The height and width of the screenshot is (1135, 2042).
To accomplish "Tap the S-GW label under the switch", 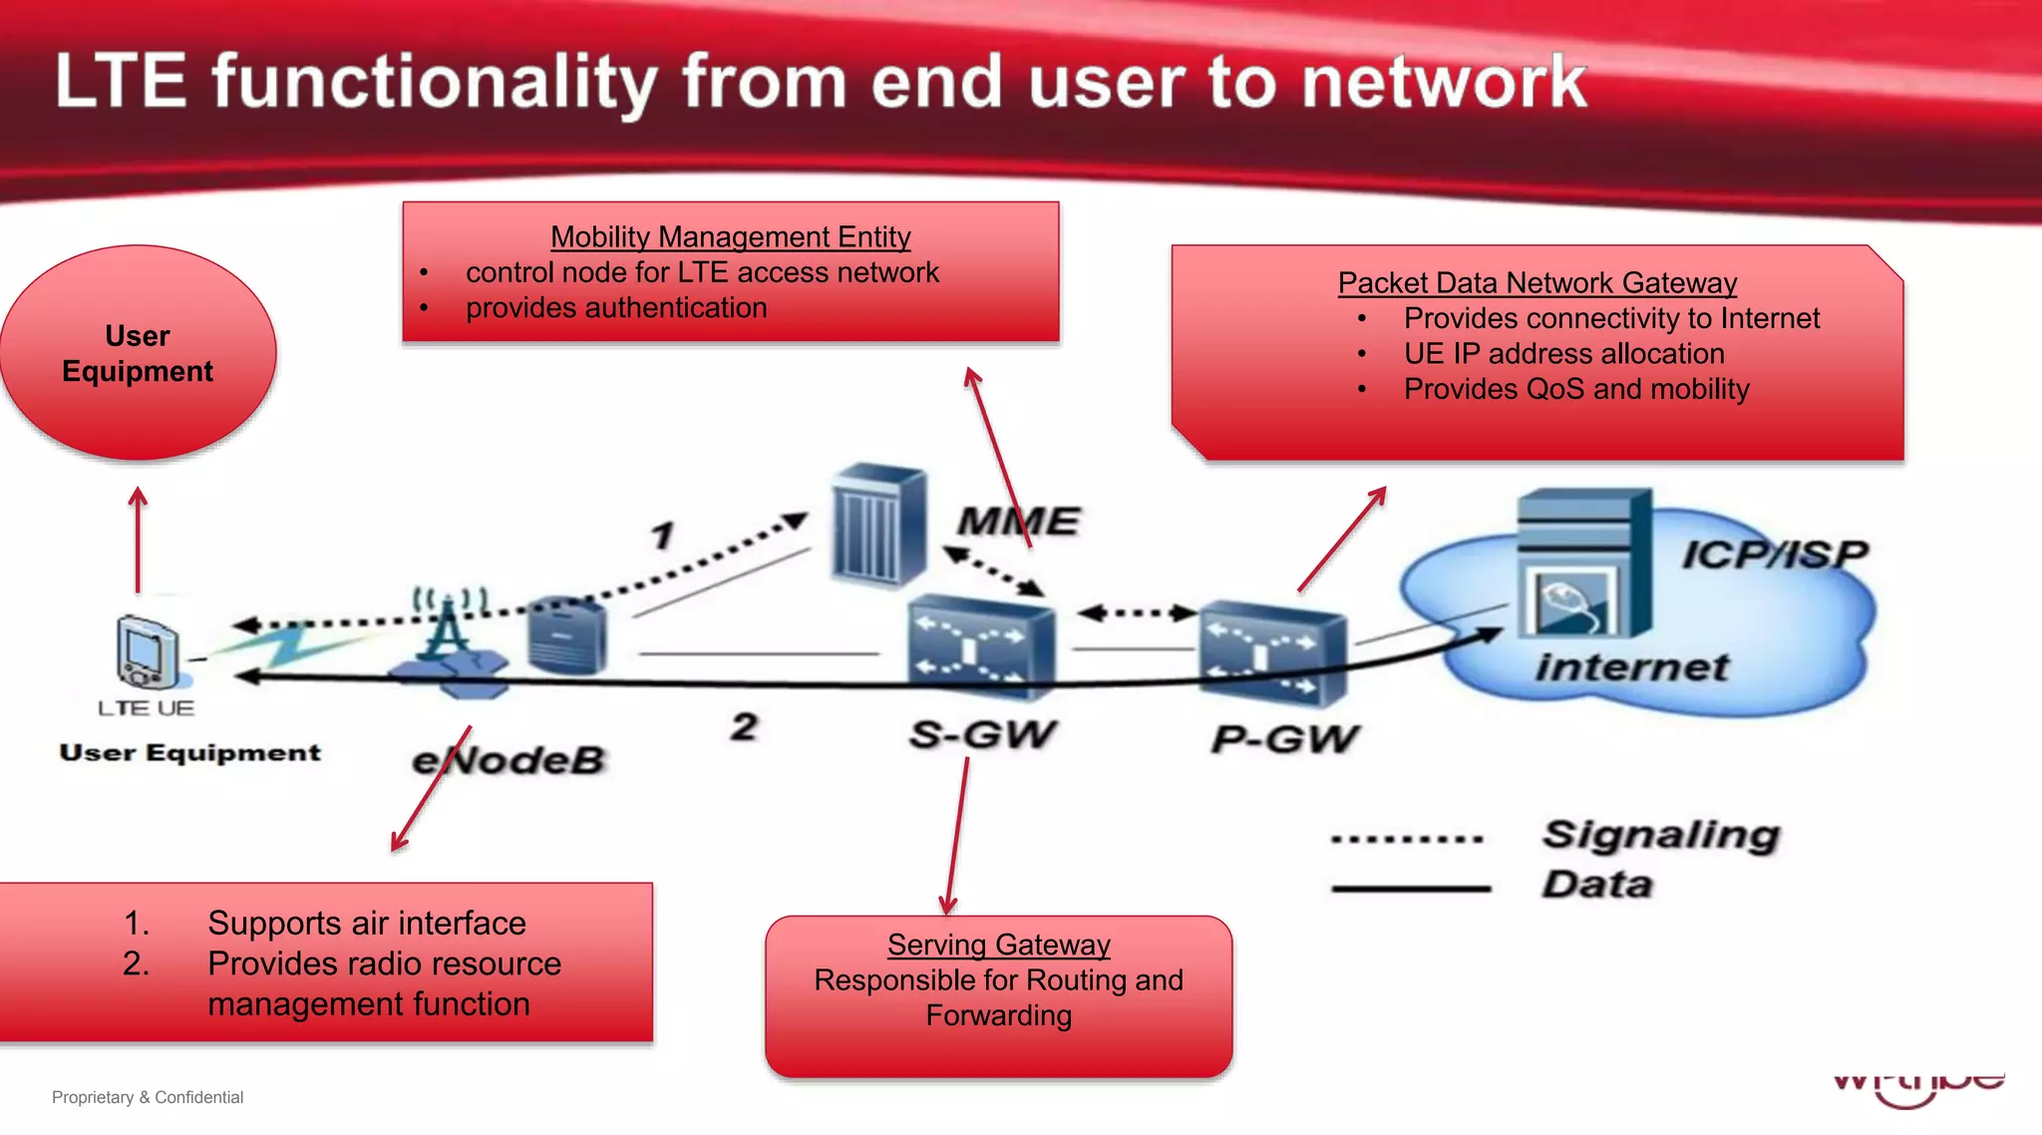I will [982, 734].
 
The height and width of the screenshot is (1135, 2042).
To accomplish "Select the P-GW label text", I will [1284, 739].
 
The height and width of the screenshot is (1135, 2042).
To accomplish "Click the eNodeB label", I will [509, 760].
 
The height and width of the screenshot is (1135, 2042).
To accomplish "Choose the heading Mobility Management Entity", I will [730, 237].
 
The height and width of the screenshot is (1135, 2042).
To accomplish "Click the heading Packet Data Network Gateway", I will [1536, 283].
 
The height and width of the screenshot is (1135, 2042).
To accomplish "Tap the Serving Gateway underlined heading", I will [998, 945].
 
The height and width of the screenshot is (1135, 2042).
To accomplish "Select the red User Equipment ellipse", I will [138, 353].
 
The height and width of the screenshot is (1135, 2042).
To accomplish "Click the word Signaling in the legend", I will [1660, 834].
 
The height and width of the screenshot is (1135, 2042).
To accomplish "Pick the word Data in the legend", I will [1596, 885].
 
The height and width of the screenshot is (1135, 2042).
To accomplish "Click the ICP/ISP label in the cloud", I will [1774, 554].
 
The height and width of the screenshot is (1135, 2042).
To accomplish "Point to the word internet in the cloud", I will [1631, 666].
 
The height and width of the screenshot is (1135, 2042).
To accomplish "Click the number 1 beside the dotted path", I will [663, 536].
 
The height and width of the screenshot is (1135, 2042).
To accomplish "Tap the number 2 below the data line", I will [744, 726].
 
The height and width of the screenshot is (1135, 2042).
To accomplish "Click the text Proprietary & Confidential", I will [148, 1097].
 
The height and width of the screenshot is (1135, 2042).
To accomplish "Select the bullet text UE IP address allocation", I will [1563, 354].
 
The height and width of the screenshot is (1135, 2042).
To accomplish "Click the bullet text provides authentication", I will [616, 308].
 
